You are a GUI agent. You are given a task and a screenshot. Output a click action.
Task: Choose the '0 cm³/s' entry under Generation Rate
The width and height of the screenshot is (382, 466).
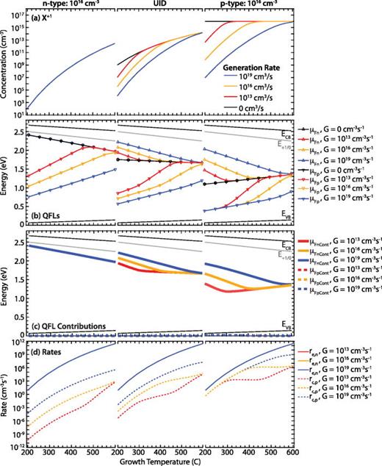coord(253,108)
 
